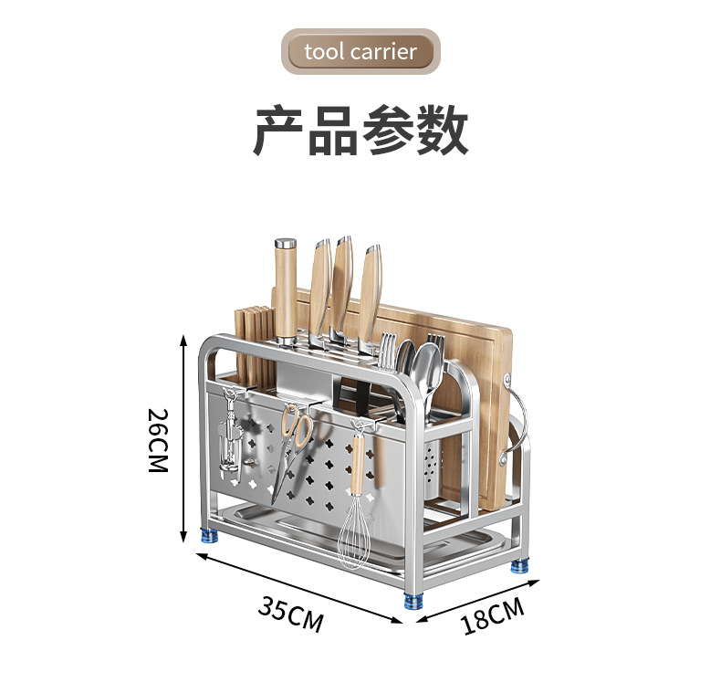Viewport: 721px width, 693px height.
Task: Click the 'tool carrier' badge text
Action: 360,51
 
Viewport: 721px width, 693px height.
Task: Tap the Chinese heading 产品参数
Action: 360,130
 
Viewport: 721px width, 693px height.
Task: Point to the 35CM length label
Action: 290,614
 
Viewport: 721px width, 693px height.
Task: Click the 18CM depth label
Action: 493,616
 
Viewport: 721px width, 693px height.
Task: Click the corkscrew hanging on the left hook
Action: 228,438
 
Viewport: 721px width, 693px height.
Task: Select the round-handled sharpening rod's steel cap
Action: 287,245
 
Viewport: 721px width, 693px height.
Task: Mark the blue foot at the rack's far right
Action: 519,563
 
